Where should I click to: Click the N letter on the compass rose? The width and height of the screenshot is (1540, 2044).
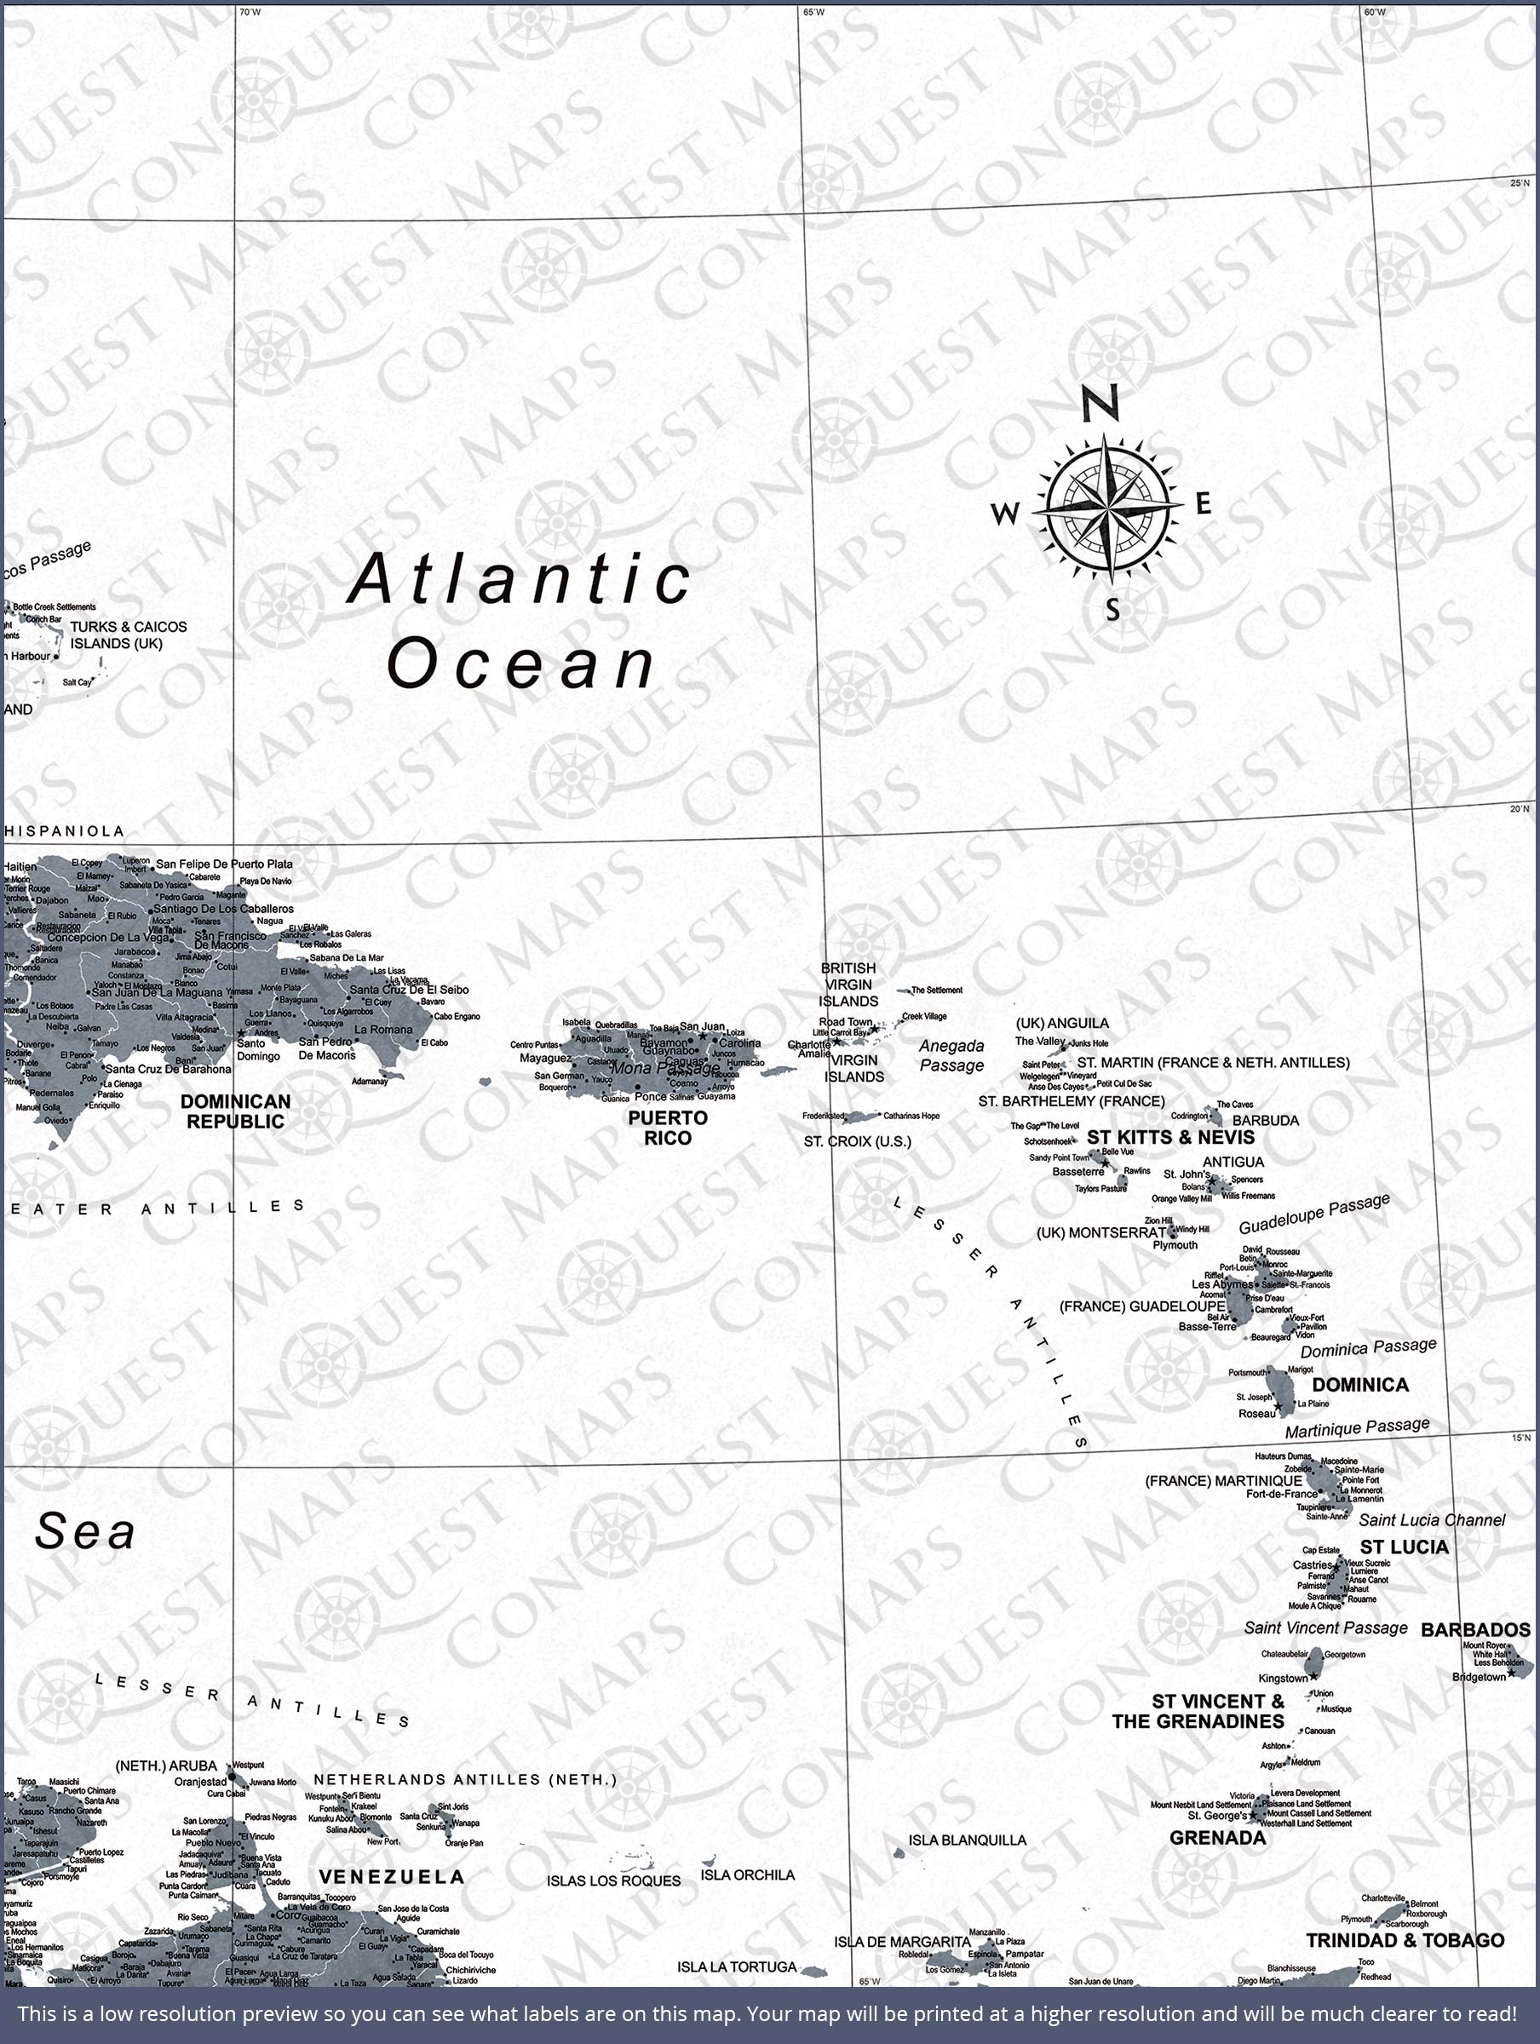click(x=1101, y=403)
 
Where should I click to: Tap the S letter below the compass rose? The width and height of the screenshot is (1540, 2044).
click(x=1113, y=610)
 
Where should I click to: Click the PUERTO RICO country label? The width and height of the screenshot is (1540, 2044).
click(x=668, y=1128)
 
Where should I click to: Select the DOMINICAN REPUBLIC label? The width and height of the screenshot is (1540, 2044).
click(x=235, y=1111)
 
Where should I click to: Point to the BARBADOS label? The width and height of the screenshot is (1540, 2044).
click(x=1474, y=1630)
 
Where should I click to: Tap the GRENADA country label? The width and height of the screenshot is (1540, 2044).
click(x=1217, y=1838)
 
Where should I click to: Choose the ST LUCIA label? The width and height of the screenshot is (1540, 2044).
click(x=1403, y=1547)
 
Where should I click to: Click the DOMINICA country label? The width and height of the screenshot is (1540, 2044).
click(x=1359, y=1384)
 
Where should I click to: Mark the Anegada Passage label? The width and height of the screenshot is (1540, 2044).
click(x=951, y=1055)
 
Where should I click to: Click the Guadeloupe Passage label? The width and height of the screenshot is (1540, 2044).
click(x=1313, y=1214)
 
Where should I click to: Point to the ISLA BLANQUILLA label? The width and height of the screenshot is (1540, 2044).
click(x=967, y=1840)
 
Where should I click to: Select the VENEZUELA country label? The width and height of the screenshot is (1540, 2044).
click(x=391, y=1877)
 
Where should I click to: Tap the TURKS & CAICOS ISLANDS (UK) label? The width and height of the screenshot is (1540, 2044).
click(x=129, y=634)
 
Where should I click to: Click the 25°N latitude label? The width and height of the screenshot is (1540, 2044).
click(x=1520, y=183)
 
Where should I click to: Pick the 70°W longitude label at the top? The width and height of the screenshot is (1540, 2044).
click(x=250, y=12)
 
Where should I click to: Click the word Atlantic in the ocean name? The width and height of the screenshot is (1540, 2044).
click(x=520, y=579)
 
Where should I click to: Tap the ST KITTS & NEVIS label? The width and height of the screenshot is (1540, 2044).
click(x=1170, y=1137)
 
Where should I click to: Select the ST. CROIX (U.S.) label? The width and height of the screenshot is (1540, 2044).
click(x=857, y=1141)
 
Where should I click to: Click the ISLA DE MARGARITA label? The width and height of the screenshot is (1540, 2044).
click(x=901, y=1942)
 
